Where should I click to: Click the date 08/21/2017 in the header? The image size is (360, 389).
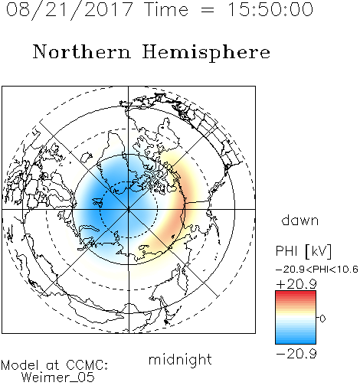tap(70, 9)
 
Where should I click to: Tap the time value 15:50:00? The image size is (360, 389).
tap(270, 9)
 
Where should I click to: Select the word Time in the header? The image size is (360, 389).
tap(166, 9)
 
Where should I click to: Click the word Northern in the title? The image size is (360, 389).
tap(82, 52)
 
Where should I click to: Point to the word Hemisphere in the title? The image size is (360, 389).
tap(206, 53)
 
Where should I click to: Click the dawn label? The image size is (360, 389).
tap(300, 220)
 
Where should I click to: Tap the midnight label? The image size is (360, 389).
tap(180, 360)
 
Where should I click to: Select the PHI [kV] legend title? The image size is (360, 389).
tap(303, 251)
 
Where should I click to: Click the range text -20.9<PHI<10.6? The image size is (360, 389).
tap(317, 270)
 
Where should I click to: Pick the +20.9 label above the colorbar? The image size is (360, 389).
tap(296, 284)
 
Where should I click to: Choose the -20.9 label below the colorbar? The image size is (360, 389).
tap(296, 354)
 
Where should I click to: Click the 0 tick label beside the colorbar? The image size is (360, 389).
tap(322, 319)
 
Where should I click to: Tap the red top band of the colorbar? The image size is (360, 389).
tap(296, 293)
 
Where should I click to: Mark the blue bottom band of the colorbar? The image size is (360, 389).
tap(296, 341)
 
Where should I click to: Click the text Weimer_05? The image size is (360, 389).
tap(57, 378)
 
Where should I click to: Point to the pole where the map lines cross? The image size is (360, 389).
tap(129, 209)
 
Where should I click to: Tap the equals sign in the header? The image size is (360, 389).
tap(208, 10)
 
